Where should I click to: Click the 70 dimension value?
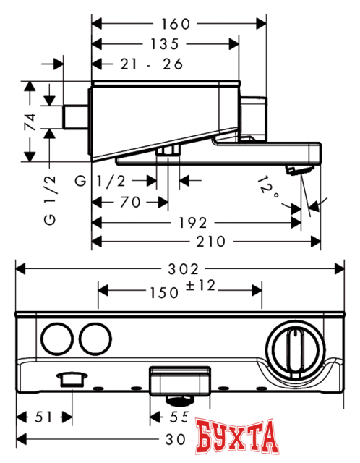coord(131,202)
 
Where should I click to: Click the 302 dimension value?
coord(179,268)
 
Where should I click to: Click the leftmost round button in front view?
coord(56,338)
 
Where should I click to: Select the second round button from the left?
coord(94,338)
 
